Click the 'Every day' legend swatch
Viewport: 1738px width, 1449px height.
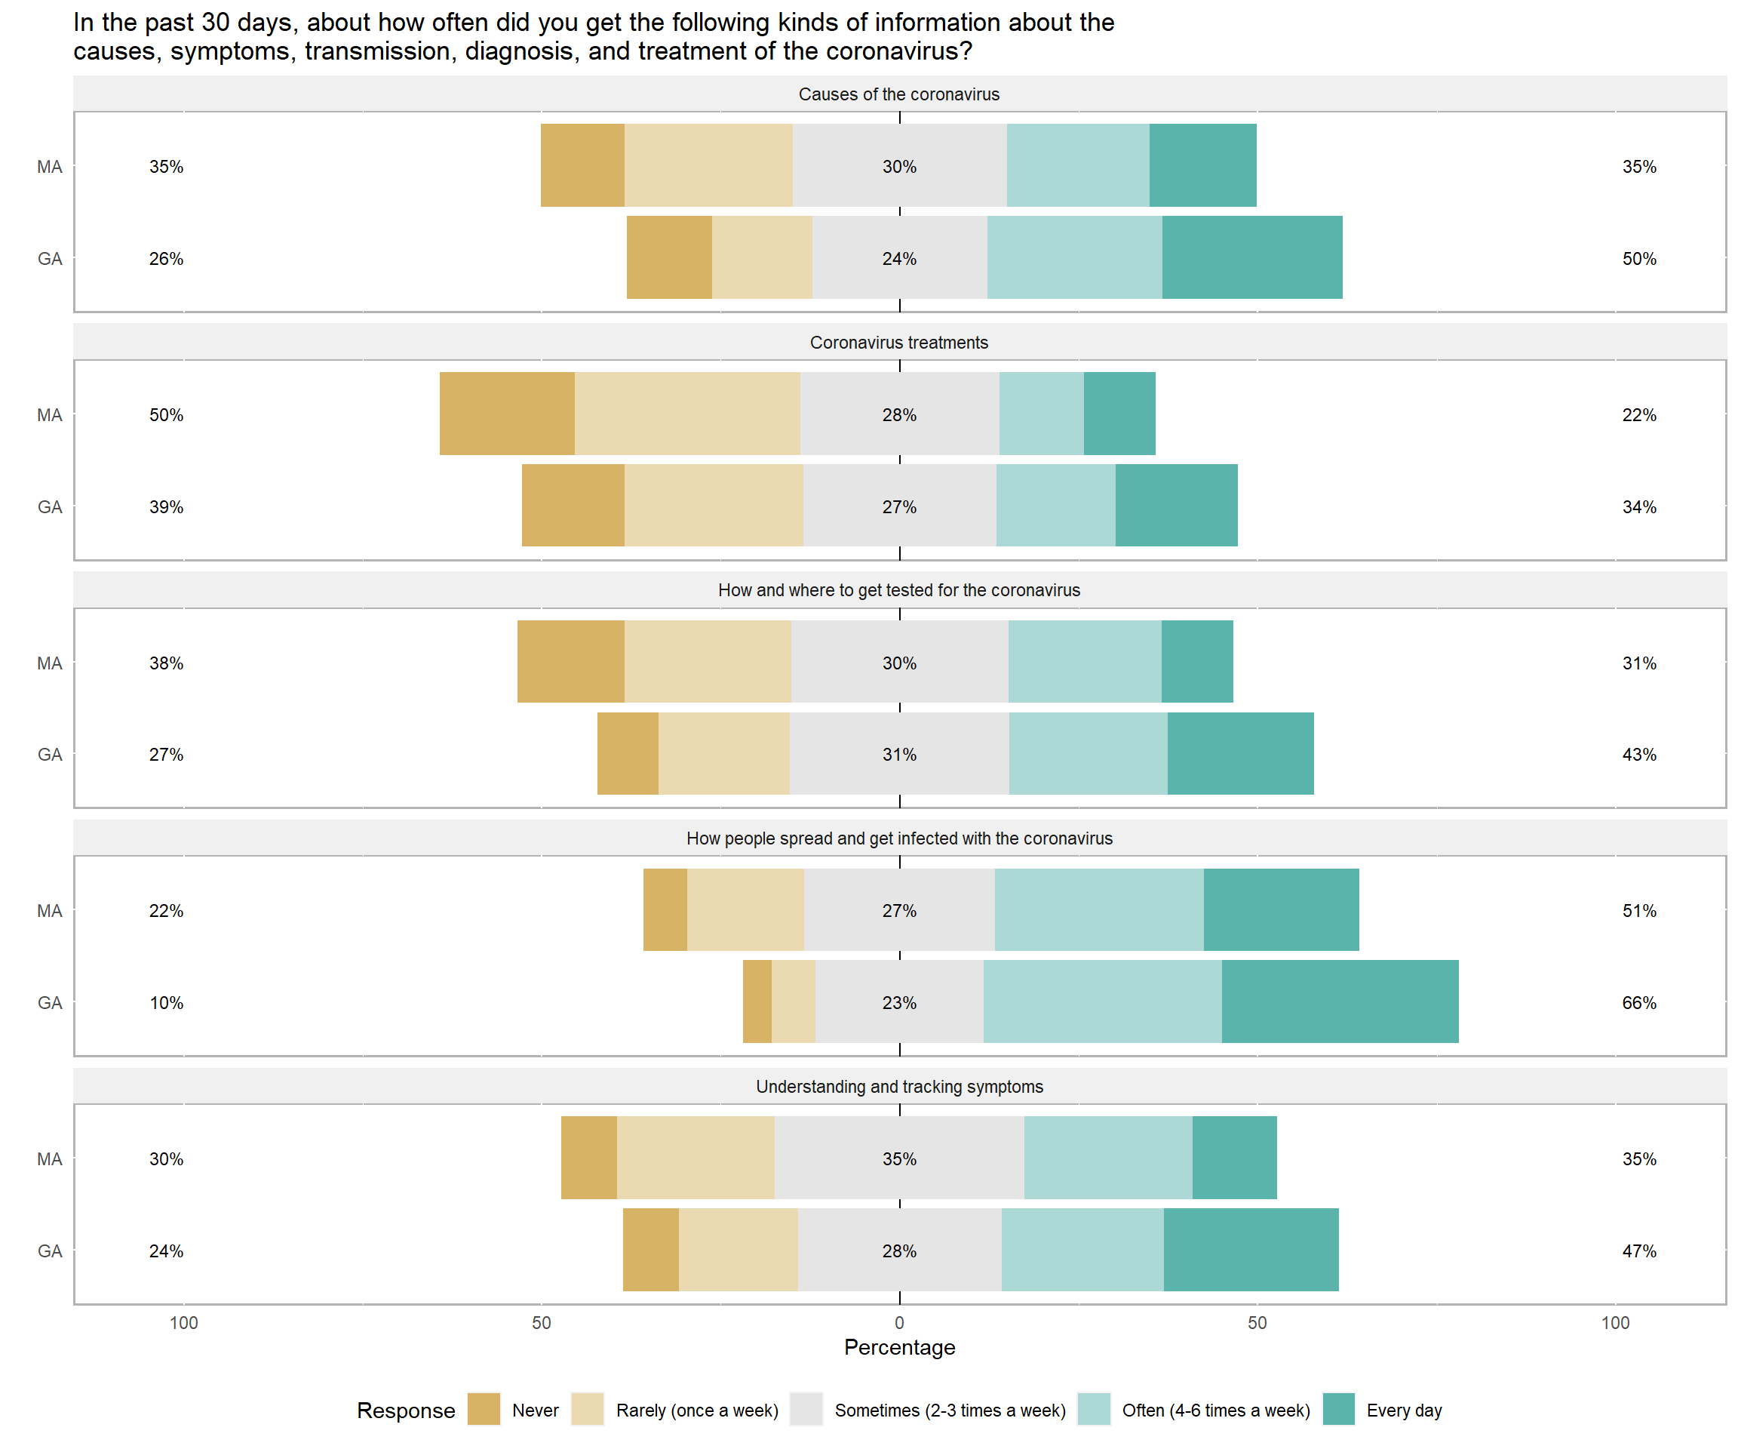coord(1338,1410)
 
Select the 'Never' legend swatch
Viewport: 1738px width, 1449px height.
coord(484,1410)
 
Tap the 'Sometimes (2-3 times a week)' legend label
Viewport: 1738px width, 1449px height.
coord(949,1410)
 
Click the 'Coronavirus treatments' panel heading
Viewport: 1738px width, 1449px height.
coord(898,343)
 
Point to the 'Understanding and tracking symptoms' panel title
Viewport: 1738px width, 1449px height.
coord(898,1086)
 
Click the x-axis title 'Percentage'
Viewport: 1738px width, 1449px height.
coord(898,1347)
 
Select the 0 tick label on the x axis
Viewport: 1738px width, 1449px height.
coord(898,1323)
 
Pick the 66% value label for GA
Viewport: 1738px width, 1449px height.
coord(1638,1003)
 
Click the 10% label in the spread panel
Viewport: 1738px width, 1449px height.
coord(167,1003)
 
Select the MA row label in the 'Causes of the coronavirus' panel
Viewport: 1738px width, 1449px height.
coord(50,168)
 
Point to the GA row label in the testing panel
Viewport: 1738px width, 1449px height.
coord(50,754)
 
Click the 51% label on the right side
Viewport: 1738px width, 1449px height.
coord(1638,911)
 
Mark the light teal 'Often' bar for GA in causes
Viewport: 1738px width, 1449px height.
coord(1074,257)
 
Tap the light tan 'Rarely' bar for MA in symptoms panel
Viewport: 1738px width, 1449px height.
coord(696,1158)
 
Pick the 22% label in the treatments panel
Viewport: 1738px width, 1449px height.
coord(1638,415)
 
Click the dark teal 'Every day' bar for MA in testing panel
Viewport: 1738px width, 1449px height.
coord(1196,662)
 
